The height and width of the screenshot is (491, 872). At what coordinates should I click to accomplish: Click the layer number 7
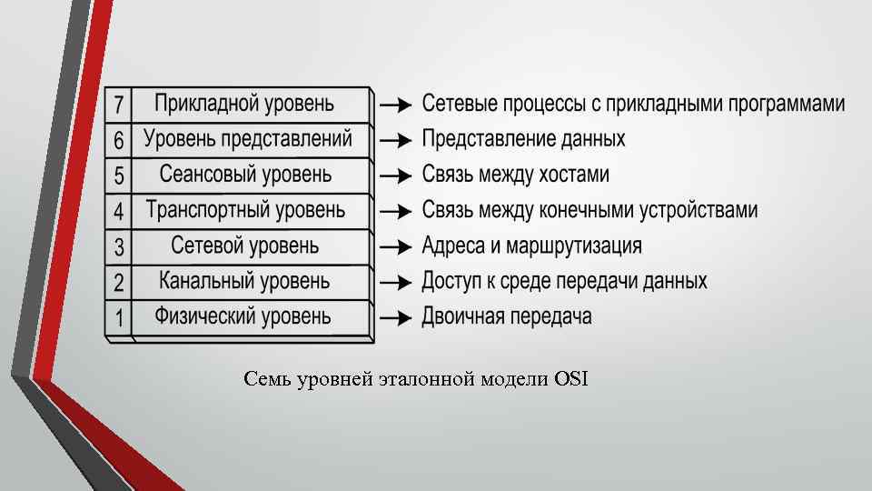(119, 105)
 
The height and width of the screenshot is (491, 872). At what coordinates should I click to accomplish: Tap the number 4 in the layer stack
(119, 212)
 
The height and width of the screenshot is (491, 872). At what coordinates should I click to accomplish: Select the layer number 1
(119, 318)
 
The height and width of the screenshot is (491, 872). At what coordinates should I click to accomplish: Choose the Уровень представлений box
(247, 139)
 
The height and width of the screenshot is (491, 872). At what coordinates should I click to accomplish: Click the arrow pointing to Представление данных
(397, 141)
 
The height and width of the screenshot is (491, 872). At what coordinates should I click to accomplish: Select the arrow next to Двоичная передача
(397, 318)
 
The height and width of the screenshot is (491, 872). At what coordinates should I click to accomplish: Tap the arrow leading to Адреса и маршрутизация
(397, 247)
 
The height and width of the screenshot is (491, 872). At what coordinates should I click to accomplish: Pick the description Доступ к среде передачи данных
(564, 281)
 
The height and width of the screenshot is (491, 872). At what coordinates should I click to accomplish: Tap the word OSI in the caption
(570, 379)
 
